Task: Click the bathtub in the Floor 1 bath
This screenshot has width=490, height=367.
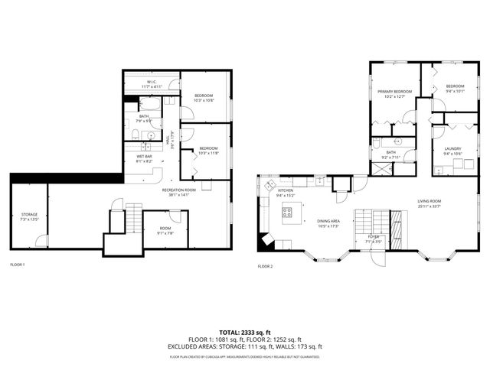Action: pos(151,104)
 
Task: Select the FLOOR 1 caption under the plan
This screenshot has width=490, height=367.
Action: pos(17,265)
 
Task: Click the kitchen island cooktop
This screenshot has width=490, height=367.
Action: pos(288,213)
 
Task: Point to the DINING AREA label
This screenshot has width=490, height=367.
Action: pos(328,222)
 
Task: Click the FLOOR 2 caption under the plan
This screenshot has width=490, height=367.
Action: pos(265,266)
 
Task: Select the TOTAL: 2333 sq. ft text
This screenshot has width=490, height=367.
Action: pos(244,333)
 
